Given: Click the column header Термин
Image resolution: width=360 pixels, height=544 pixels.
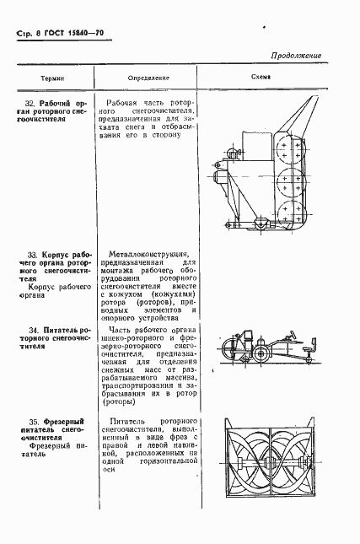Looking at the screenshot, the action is (52, 76).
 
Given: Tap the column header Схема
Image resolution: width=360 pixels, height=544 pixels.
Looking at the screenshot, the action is (261, 76).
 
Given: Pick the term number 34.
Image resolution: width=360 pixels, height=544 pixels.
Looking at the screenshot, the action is (33, 327).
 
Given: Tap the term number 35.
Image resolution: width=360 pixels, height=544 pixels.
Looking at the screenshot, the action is (33, 419).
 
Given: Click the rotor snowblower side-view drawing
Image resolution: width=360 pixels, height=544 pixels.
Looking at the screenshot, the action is (261, 169).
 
